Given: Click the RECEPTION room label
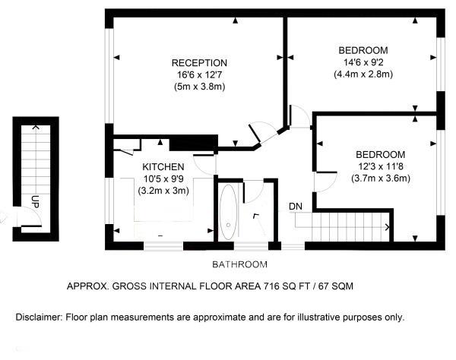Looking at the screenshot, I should [199, 62].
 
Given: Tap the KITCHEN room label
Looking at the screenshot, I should [163, 166].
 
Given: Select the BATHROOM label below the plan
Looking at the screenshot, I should [239, 264].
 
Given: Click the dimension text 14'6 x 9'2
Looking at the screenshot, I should [363, 62].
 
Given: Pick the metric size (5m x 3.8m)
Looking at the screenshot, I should [199, 87].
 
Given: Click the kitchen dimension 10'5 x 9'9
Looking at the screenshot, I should [163, 179].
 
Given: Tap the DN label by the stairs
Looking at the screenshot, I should [296, 206].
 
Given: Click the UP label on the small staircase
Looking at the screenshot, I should [35, 201].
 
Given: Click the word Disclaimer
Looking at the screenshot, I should [39, 317].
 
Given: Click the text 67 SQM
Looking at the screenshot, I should [335, 287].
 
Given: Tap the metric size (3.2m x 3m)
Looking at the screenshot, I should [163, 191].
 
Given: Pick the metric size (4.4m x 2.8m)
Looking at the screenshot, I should [363, 74].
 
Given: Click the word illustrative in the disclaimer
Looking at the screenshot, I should [329, 317].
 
